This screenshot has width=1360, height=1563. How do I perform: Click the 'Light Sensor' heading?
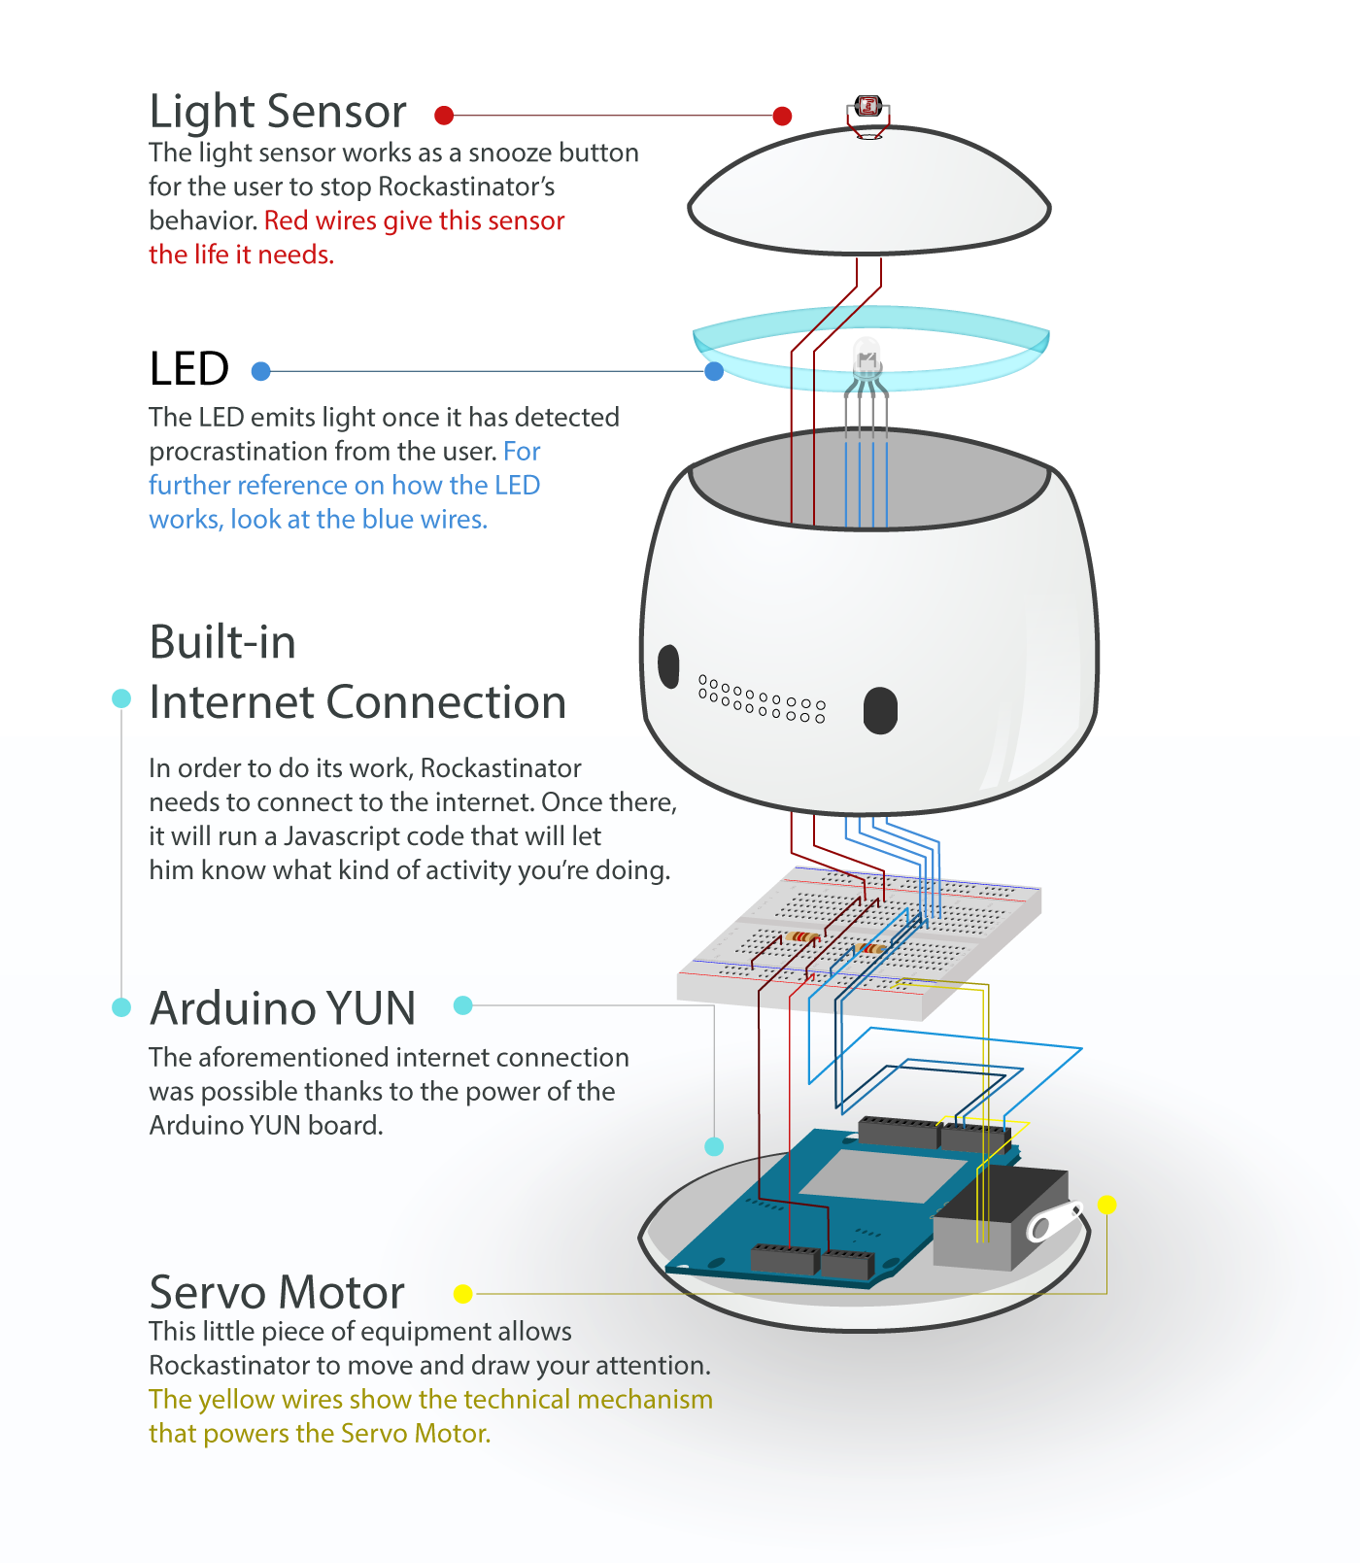278,112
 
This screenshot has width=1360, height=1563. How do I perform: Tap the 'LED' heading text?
189,369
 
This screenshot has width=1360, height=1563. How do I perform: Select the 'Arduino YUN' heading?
283,1008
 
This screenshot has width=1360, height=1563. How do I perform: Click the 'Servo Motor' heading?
277,1293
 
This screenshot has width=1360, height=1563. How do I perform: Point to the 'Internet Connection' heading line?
357,702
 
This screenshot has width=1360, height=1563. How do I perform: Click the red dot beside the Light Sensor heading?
444,116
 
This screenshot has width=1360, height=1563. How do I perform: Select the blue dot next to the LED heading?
260,371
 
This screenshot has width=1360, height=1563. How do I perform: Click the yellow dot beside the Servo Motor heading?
463,1294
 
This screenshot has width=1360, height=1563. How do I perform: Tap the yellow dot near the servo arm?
1106,1205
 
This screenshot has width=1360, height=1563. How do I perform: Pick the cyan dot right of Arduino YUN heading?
463,1005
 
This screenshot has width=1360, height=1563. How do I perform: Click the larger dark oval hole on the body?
880,711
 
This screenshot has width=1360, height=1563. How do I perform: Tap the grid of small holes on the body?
763,699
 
